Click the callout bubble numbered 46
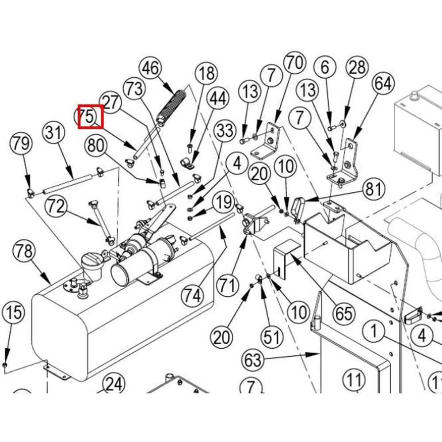[152, 69]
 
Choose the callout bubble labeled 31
[53, 133]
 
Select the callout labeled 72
[56, 207]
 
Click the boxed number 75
[90, 117]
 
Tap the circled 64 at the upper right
[383, 83]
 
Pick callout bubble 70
[295, 62]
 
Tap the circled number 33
[225, 131]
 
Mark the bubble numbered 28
[357, 67]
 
